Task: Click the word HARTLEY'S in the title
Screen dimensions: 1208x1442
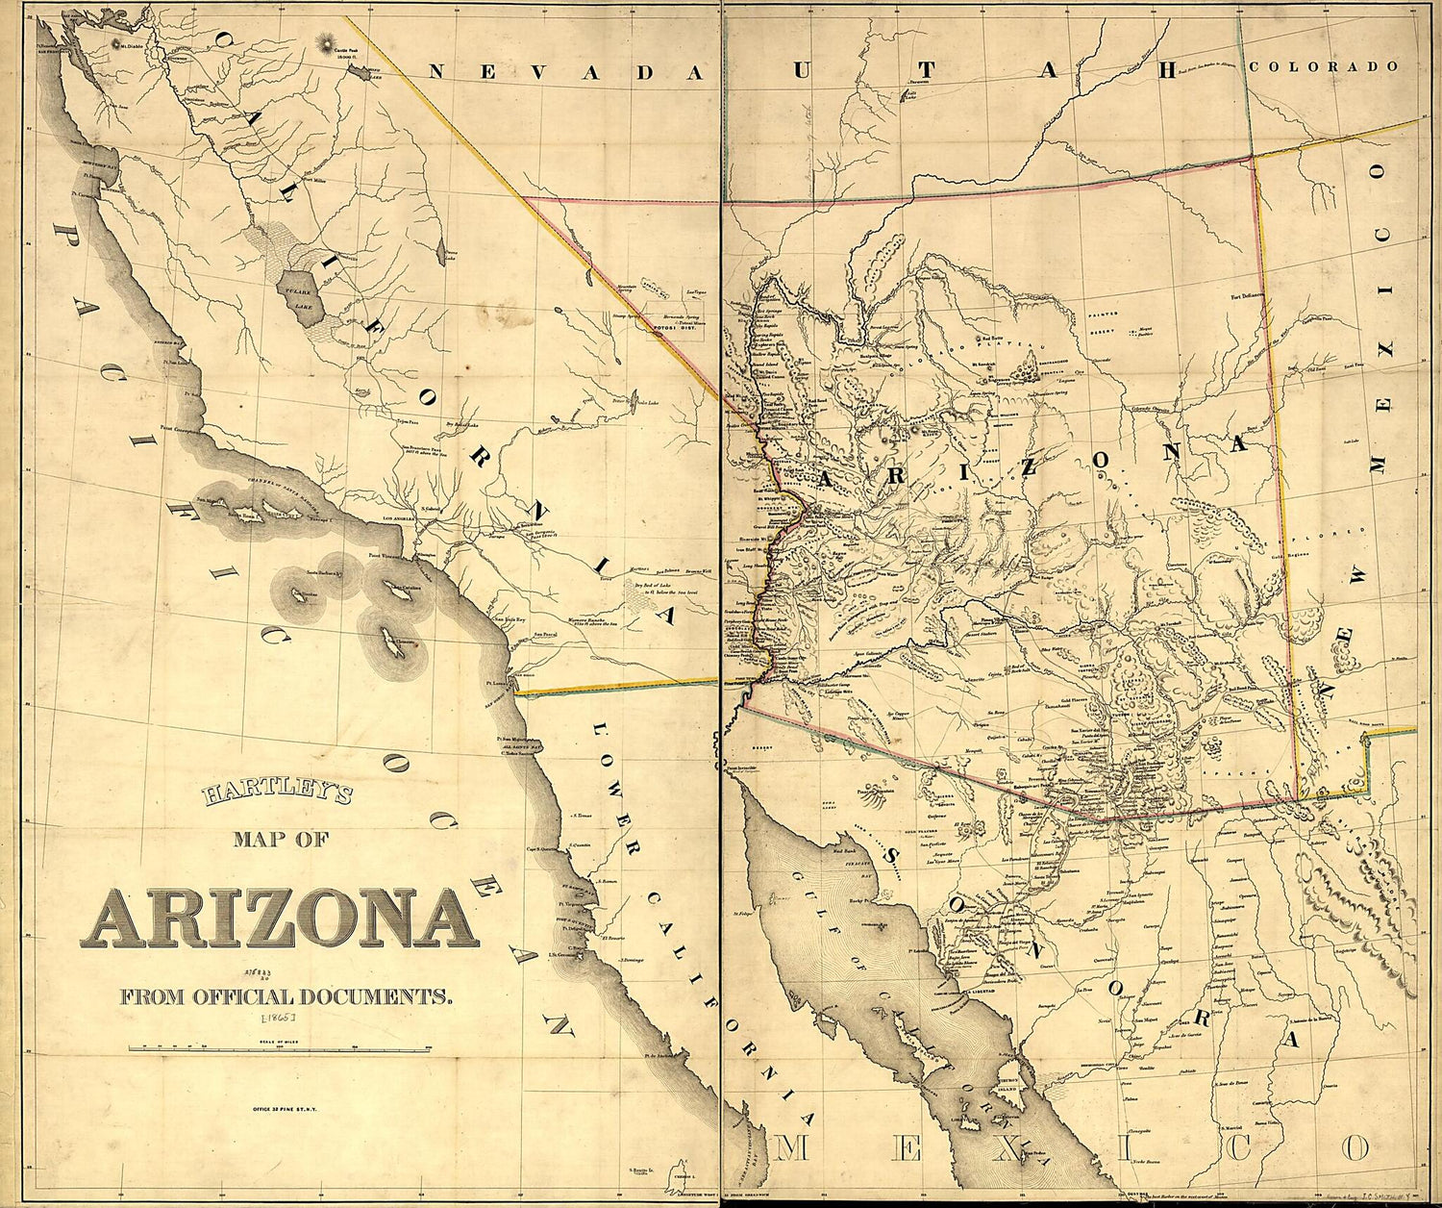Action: coord(277,794)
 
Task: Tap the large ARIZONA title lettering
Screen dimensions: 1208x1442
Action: coord(280,918)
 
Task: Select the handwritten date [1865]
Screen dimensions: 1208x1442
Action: coord(278,1016)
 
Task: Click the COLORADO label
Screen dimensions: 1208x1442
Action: coord(1324,66)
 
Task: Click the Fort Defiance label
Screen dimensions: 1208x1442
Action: coord(1245,296)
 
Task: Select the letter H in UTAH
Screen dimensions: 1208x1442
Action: coord(1169,69)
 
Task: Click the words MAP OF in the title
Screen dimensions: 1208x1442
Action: coord(281,839)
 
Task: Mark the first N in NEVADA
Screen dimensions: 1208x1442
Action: coord(438,71)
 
